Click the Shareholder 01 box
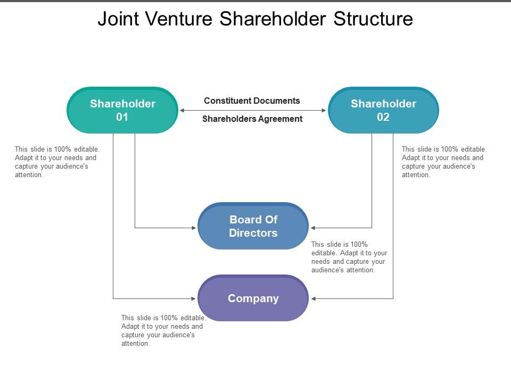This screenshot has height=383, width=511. click(x=122, y=110)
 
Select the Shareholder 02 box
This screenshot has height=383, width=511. click(x=383, y=110)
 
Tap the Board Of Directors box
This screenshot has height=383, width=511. click(x=253, y=226)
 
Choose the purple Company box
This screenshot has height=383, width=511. click(x=253, y=298)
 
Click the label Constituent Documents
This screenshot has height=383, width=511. click(x=252, y=101)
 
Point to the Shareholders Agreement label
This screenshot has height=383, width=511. click(x=252, y=119)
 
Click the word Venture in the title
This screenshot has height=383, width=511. click(x=179, y=19)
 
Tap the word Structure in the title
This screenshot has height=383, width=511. click(x=373, y=19)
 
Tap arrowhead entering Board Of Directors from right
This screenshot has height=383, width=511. click(x=314, y=228)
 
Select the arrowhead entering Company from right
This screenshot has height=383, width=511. click(x=314, y=299)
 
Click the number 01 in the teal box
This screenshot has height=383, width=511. click(x=122, y=117)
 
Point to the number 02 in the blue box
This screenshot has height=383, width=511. click(x=383, y=117)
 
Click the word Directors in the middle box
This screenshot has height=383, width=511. click(x=253, y=233)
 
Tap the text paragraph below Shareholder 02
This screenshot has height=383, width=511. click(x=444, y=162)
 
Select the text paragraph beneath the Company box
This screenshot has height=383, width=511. click(x=163, y=331)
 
